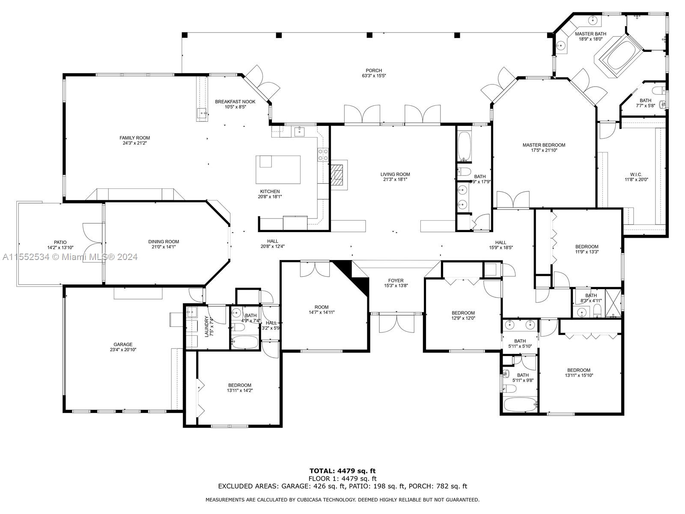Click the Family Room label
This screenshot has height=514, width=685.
134,138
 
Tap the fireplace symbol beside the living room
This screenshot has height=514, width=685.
338,175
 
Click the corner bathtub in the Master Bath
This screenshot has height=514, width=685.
618,55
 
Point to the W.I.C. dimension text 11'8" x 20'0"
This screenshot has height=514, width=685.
636,180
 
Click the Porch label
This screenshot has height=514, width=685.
374,71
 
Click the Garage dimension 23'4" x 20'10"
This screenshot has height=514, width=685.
123,350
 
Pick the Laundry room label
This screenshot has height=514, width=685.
207,326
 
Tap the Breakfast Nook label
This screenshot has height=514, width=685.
235,102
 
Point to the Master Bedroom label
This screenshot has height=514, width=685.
544,145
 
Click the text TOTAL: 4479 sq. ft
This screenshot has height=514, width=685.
342,471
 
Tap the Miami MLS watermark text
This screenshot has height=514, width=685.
70,257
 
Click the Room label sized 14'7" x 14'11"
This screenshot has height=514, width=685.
321,307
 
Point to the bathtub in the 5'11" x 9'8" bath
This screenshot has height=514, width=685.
520,404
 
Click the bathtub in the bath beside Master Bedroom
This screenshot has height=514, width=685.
464,146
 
